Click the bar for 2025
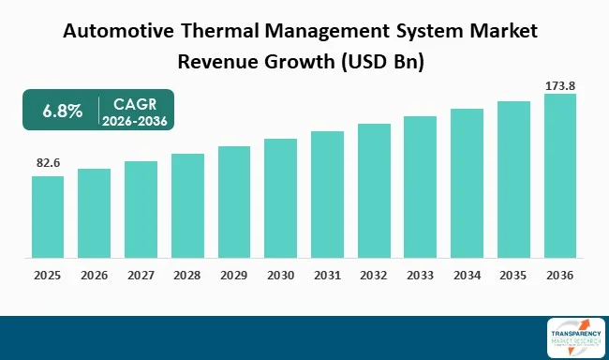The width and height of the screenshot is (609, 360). [x=47, y=217]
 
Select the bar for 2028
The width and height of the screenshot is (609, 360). [x=187, y=205]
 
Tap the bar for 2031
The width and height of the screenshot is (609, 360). [x=328, y=194]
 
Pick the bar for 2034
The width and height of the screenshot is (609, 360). [x=467, y=183]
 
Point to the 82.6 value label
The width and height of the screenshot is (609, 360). [x=48, y=163]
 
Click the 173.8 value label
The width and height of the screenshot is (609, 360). [x=560, y=85]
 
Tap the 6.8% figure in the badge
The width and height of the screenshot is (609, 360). [x=63, y=111]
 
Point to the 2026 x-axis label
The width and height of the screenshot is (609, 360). [x=94, y=277]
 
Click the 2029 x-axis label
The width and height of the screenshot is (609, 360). [x=233, y=277]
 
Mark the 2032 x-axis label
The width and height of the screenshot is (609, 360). [x=374, y=277]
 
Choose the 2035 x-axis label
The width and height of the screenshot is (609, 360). [x=513, y=277]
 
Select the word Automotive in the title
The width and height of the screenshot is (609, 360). [x=116, y=31]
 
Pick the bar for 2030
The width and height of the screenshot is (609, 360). [x=280, y=198]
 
